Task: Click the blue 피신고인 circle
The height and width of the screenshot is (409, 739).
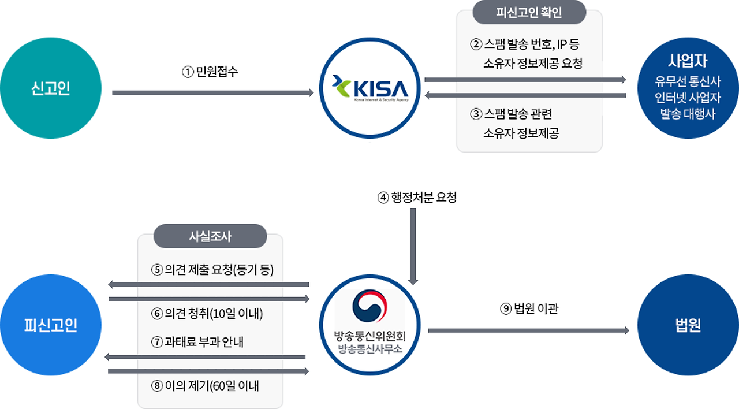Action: coord(51,325)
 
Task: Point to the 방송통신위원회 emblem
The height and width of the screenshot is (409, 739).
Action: coord(370,309)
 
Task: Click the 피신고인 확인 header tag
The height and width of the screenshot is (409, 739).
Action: coord(529,12)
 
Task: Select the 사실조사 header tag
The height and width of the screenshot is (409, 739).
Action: coord(210,236)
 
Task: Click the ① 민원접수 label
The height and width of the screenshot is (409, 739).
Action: coord(210,72)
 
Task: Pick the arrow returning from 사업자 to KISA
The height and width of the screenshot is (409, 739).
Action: coord(525,95)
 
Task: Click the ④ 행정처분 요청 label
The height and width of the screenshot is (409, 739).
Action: coord(417,198)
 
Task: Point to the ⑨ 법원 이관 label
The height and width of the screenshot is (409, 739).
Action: coord(529,309)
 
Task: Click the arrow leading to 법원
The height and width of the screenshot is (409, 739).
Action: coord(528,330)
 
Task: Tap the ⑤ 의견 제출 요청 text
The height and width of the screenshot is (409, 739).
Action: coord(212,270)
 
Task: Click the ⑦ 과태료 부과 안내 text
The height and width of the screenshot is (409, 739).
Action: coord(197,341)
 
